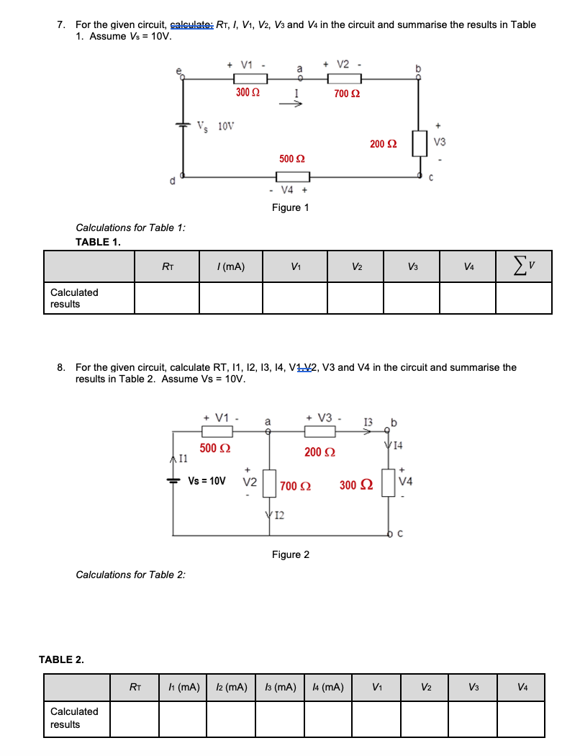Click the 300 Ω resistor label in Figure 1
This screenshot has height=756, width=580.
[x=248, y=94]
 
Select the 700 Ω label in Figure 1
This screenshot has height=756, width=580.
[x=347, y=94]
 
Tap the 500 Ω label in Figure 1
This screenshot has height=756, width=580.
[x=291, y=158]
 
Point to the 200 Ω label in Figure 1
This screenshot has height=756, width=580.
[x=383, y=145]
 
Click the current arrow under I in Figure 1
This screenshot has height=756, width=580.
[x=295, y=103]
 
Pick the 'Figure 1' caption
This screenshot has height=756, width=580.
[x=291, y=207]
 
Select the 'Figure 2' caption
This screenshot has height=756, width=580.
[x=291, y=554]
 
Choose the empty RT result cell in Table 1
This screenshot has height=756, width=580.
[x=166, y=298]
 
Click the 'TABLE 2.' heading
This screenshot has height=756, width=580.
[x=61, y=660]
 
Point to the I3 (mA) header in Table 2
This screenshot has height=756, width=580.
[x=281, y=688]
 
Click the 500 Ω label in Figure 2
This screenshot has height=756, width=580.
[x=215, y=449]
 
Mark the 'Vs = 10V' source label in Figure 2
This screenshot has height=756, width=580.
[x=207, y=480]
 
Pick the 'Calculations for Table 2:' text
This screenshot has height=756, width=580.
[x=131, y=575]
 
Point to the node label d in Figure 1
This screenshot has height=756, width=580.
[x=172, y=181]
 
